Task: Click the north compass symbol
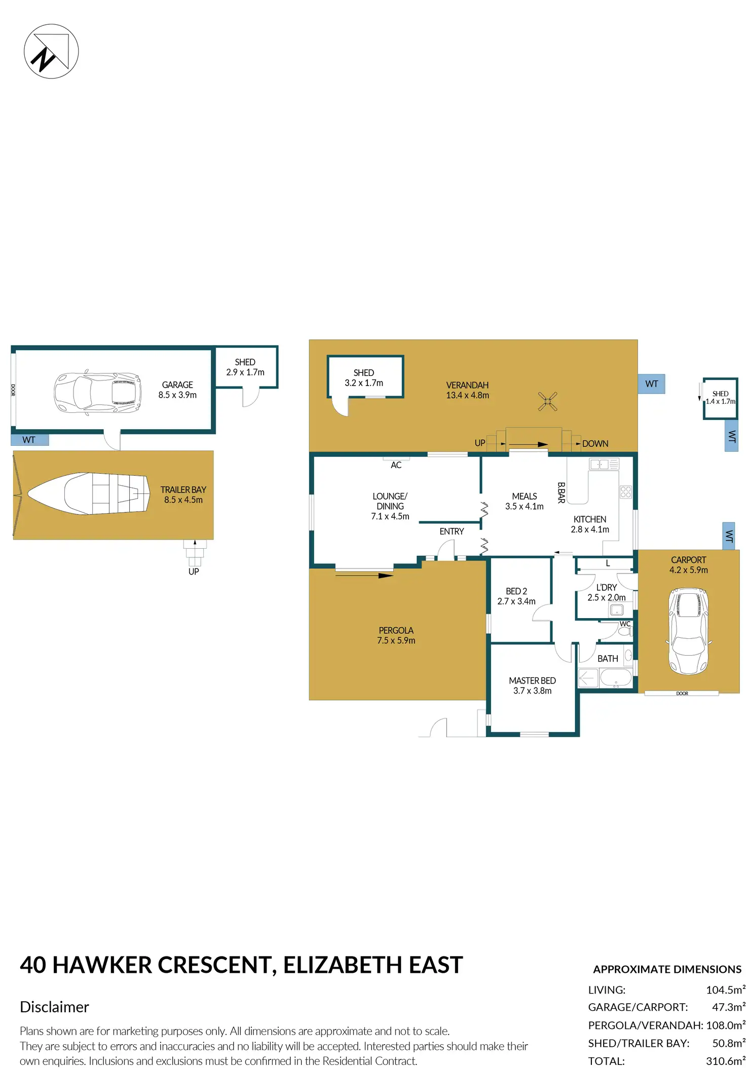click(x=51, y=51)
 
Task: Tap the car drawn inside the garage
click(x=97, y=393)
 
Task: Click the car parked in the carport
click(x=688, y=631)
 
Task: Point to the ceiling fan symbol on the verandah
click(x=547, y=401)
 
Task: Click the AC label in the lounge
click(x=396, y=465)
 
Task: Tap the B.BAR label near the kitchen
click(x=561, y=492)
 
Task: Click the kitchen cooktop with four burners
click(x=625, y=491)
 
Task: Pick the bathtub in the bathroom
click(x=615, y=678)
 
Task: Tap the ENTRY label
click(x=452, y=531)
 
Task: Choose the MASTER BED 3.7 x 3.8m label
click(x=532, y=685)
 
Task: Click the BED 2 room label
click(x=516, y=596)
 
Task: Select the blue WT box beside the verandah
click(x=651, y=384)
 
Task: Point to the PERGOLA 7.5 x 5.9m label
click(x=396, y=635)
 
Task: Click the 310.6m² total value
click(x=725, y=1061)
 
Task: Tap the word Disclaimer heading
click(x=54, y=1007)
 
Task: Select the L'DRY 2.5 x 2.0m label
click(x=606, y=592)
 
